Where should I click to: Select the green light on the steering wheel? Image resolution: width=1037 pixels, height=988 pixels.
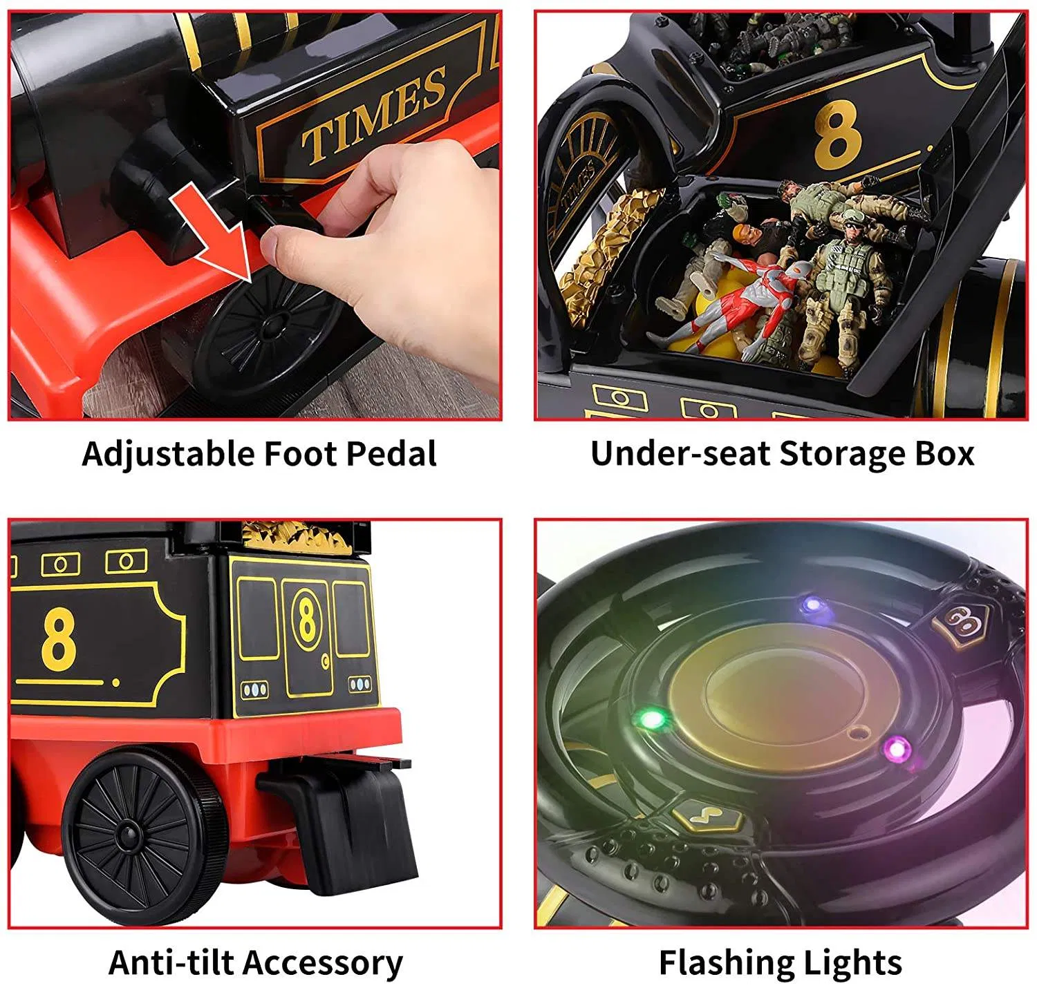pos(651,720)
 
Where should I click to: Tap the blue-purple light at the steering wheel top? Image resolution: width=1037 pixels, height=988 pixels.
pos(813,605)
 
